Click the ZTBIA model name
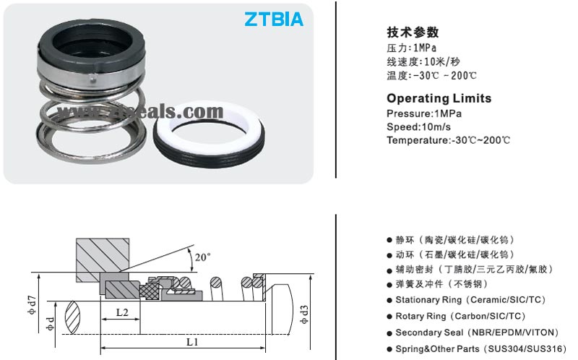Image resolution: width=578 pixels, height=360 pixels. (274, 20)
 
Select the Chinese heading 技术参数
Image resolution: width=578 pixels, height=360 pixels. (413, 33)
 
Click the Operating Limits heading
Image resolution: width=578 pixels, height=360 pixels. (439, 98)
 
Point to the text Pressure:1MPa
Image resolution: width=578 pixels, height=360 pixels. (424, 113)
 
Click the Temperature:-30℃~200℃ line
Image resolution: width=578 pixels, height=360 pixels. (448, 140)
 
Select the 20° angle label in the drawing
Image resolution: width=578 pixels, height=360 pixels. (203, 257)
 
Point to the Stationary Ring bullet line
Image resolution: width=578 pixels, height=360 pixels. (470, 299)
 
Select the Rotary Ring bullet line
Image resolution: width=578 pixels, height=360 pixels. (460, 316)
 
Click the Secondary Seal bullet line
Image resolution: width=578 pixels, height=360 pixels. (476, 333)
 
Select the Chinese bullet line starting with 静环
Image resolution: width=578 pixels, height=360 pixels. (454, 239)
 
